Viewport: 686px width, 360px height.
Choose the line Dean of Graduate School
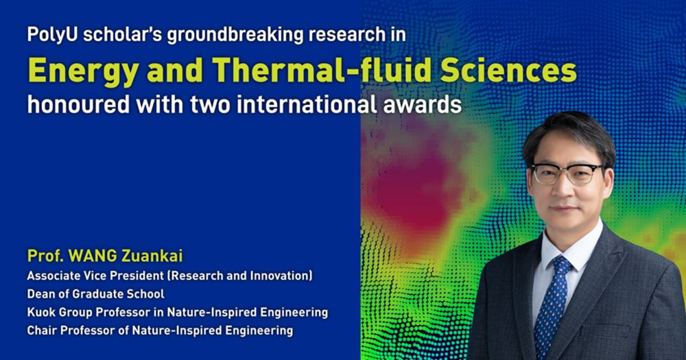click(x=95, y=294)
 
